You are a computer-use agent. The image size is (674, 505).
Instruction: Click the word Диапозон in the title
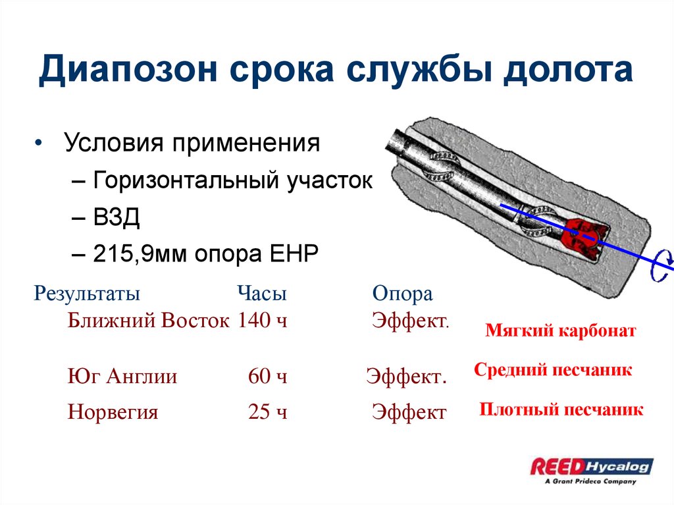pyautogui.click(x=128, y=70)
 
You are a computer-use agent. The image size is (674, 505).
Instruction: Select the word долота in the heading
pyautogui.click(x=569, y=70)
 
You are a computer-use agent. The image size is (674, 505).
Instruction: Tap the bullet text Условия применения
pyautogui.click(x=192, y=143)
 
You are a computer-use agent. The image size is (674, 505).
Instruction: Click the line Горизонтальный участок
pyautogui.click(x=232, y=180)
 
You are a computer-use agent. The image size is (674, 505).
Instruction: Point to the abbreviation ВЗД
pyautogui.click(x=117, y=217)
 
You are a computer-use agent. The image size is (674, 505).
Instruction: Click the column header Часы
pyautogui.click(x=262, y=294)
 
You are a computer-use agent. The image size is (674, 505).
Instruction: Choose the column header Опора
pyautogui.click(x=402, y=294)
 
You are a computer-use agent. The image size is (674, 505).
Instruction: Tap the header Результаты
pyautogui.click(x=87, y=294)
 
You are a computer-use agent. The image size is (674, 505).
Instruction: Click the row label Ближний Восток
pyautogui.click(x=149, y=321)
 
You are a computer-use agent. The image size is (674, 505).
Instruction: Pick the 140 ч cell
pyautogui.click(x=263, y=321)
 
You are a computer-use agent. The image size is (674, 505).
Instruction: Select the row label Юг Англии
pyautogui.click(x=122, y=377)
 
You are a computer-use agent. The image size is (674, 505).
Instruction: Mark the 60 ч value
pyautogui.click(x=268, y=377)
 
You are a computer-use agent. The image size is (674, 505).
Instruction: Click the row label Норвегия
pyautogui.click(x=113, y=412)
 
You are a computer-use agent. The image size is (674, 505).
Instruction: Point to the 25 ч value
pyautogui.click(x=268, y=412)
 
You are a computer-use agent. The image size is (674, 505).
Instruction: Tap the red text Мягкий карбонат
pyautogui.click(x=561, y=331)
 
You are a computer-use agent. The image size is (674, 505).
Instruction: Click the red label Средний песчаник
pyautogui.click(x=553, y=370)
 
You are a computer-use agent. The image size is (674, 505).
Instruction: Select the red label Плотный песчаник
pyautogui.click(x=561, y=410)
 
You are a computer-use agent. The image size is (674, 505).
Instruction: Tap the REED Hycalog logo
pyautogui.click(x=592, y=468)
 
